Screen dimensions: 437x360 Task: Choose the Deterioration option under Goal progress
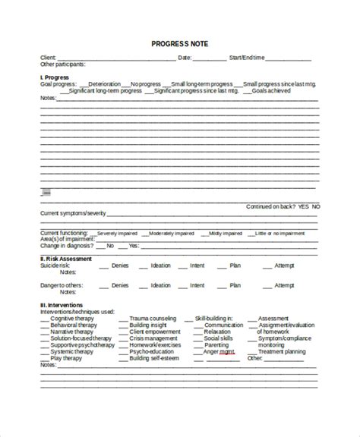pos(106,83)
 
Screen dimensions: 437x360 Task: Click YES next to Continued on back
pos(303,206)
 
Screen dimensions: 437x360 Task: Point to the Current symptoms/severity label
pos(68,213)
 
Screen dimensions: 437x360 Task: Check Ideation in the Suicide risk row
pos(161,266)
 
